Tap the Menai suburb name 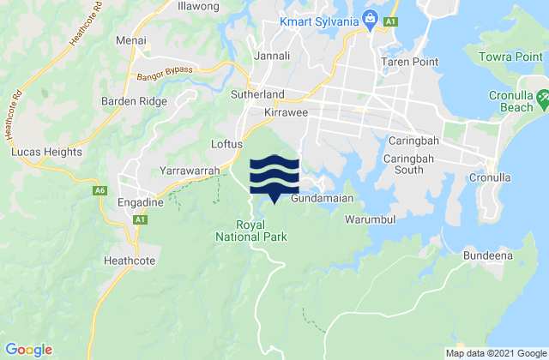pos(131,40)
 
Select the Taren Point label pos(410,62)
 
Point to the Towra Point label pos(510,62)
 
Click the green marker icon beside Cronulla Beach pos(542,104)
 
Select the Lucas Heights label pos(46,152)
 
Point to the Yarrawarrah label pos(192,170)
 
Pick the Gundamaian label pos(323,199)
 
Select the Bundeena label pos(486,255)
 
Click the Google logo pos(28,349)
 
